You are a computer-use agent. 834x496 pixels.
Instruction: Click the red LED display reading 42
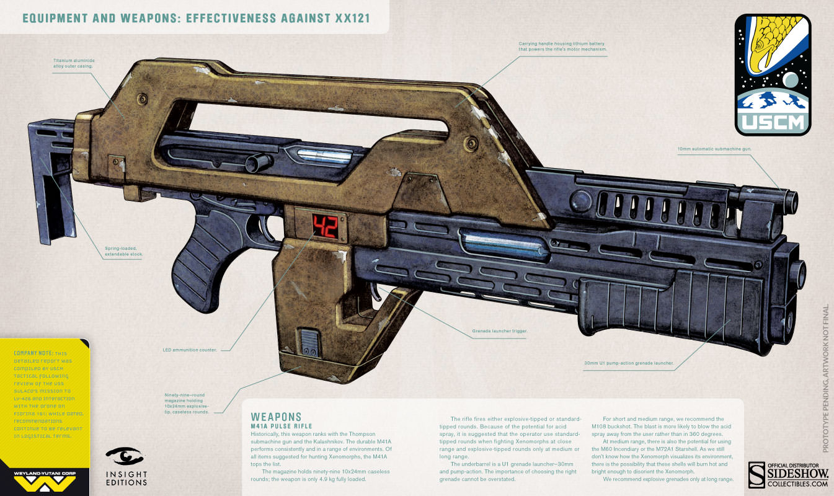pyautogui.click(x=324, y=227)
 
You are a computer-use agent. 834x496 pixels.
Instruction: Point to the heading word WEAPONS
pyautogui.click(x=275, y=417)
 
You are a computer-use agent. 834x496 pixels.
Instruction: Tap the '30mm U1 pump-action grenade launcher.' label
pyautogui.click(x=629, y=363)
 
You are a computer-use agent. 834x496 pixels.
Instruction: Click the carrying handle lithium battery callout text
pyautogui.click(x=562, y=46)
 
